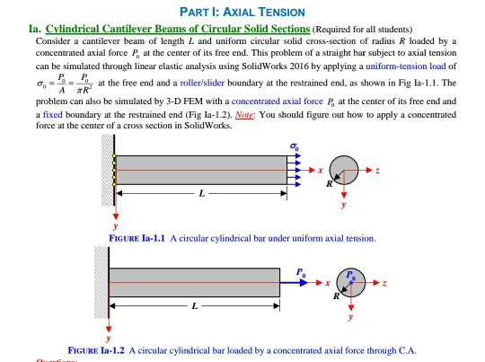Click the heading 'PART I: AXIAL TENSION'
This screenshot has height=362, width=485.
tap(242, 11)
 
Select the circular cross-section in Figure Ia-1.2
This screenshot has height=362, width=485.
tap(348, 280)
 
